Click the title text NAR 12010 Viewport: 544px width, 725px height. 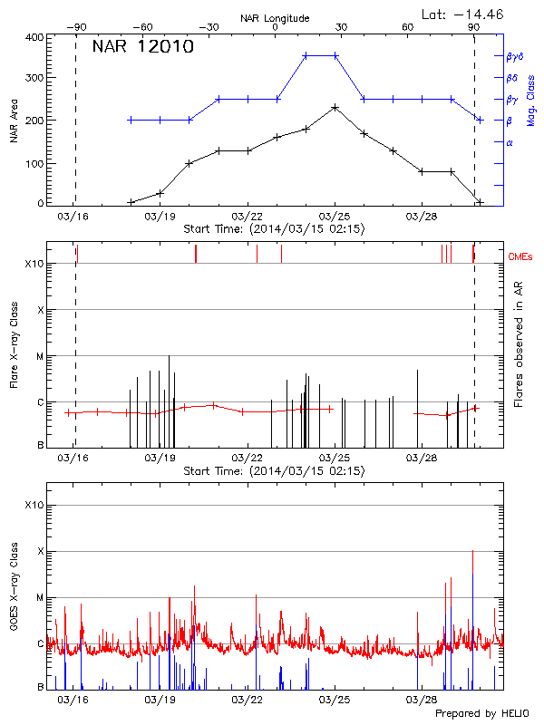[143, 47]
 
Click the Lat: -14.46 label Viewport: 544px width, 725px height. [463, 14]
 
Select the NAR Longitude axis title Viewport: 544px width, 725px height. [275, 17]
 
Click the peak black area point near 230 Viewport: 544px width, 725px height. [335, 107]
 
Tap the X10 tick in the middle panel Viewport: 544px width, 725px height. [34, 264]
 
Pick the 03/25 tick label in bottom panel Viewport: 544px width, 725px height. [335, 700]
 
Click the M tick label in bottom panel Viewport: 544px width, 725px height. [40, 598]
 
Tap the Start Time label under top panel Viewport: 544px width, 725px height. [274, 230]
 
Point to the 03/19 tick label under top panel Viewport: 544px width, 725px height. [159, 217]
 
